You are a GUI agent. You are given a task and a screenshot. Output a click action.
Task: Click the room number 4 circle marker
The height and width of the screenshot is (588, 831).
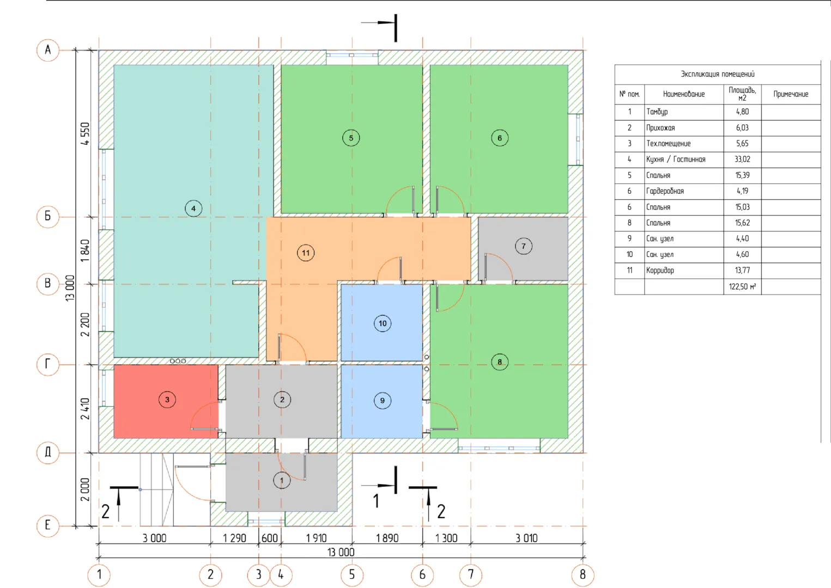(x=193, y=209)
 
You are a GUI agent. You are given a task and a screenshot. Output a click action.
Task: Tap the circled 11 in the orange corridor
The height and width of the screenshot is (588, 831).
(x=306, y=253)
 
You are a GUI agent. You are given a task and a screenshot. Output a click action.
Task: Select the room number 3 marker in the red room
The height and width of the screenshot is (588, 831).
(x=167, y=400)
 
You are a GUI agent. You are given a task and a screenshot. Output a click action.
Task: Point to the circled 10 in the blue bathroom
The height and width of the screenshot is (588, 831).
(x=383, y=323)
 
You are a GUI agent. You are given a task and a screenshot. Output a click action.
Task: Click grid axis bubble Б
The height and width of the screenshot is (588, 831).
(x=48, y=216)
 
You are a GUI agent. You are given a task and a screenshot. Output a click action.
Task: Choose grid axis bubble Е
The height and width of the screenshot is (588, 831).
(x=48, y=525)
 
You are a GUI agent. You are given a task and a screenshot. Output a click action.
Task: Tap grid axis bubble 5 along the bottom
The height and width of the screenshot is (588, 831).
(x=352, y=575)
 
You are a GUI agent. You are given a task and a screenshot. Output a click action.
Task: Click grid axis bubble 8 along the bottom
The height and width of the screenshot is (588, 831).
(x=583, y=575)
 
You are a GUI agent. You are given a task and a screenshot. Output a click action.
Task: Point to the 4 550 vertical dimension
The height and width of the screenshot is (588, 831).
(x=85, y=133)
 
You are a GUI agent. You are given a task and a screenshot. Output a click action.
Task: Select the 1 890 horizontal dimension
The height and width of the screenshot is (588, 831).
(x=387, y=538)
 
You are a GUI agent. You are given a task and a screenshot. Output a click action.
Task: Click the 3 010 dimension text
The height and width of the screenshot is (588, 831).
(x=526, y=538)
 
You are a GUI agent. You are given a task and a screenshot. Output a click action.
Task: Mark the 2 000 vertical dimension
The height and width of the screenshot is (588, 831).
(x=85, y=489)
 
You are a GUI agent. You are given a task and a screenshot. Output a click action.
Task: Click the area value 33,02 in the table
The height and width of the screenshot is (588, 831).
(x=742, y=160)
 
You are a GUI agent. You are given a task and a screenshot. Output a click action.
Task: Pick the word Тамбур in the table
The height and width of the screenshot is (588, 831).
(x=657, y=112)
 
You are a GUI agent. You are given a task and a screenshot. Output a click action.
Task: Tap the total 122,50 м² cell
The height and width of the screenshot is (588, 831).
(x=742, y=286)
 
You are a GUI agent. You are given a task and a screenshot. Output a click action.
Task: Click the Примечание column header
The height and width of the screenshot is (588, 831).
(x=791, y=94)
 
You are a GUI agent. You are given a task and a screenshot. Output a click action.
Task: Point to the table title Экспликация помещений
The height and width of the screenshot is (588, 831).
(x=718, y=74)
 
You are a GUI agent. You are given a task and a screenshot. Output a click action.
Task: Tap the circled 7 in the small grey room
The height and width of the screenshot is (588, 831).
(x=524, y=246)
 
